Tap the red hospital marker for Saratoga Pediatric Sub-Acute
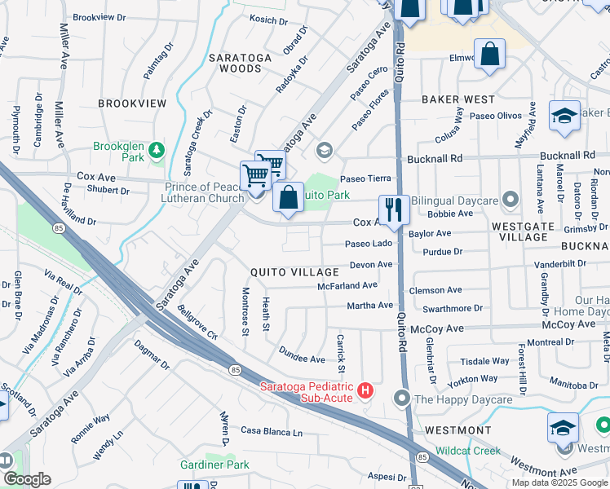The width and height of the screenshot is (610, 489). (x=365, y=391)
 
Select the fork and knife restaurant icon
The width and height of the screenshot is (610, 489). (x=394, y=209)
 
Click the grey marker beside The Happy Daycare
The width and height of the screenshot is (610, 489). (x=401, y=399)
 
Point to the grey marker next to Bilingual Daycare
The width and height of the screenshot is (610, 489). (x=511, y=199)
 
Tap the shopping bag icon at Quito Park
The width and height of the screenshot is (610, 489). (x=288, y=197)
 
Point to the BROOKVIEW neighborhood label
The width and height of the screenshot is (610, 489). (x=132, y=104)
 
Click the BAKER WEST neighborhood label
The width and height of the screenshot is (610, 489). (x=457, y=99)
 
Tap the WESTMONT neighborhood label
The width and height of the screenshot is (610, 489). (x=457, y=430)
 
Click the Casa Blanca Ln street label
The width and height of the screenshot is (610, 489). (x=271, y=431)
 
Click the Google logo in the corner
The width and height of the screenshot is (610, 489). (x=26, y=479)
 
